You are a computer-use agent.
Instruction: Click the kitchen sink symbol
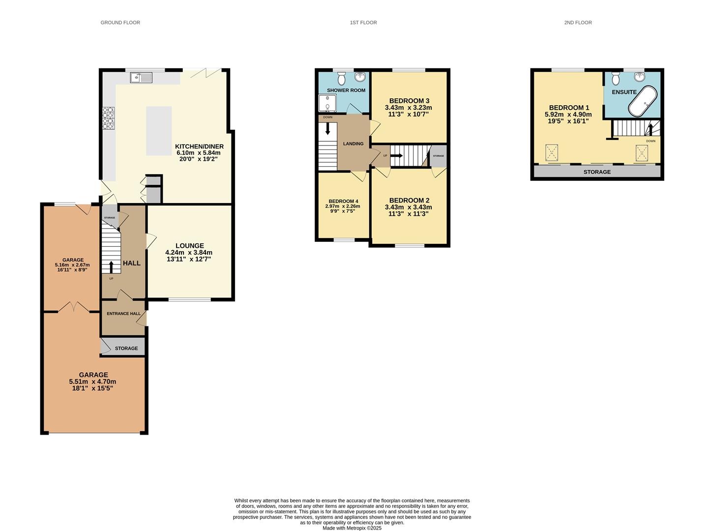[x=142, y=77]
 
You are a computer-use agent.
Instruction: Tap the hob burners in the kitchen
[x=108, y=118]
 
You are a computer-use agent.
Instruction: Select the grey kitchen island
[x=159, y=131]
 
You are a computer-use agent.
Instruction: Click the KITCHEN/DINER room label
[x=199, y=147]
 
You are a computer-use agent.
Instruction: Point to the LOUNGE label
[x=190, y=246]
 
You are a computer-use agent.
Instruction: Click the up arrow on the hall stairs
[x=111, y=266]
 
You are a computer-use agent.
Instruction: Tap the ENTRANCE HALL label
[x=123, y=314]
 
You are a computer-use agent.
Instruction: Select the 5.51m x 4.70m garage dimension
[x=92, y=382]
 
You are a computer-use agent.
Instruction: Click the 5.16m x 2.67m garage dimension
[x=72, y=265]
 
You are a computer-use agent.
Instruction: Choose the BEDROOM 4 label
[x=343, y=201]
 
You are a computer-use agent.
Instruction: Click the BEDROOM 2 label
[x=409, y=200]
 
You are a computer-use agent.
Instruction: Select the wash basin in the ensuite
[x=640, y=77]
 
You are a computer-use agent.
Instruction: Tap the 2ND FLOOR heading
[x=578, y=23]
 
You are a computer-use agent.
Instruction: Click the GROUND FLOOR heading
[x=120, y=23]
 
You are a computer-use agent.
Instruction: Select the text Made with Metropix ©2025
[x=352, y=528]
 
